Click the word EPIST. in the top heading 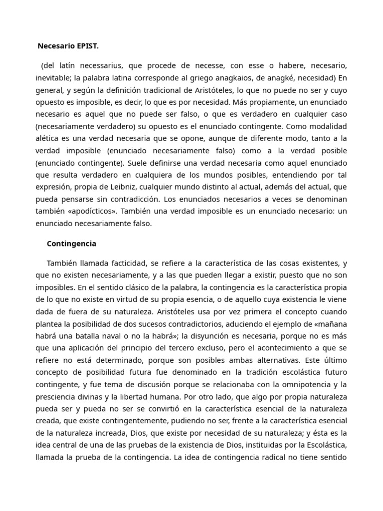(x=87, y=46)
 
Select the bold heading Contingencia (x=71, y=244)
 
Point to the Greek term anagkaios (x=257, y=78)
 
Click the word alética (x=48, y=139)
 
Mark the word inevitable (x=53, y=78)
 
